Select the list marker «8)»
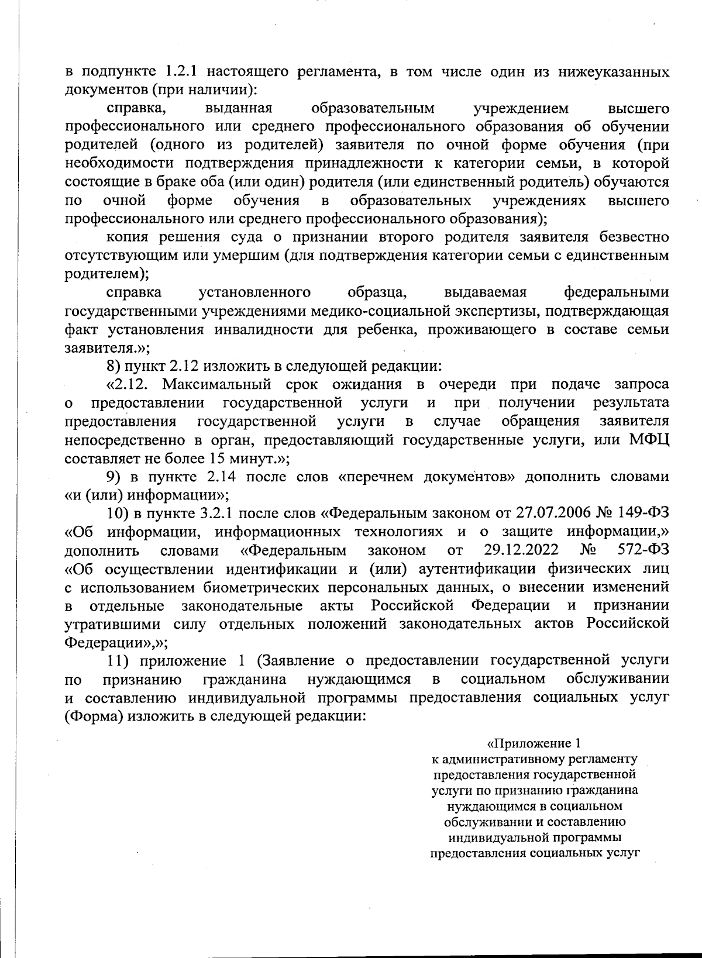tap(114, 366)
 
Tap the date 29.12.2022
tap(522, 550)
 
